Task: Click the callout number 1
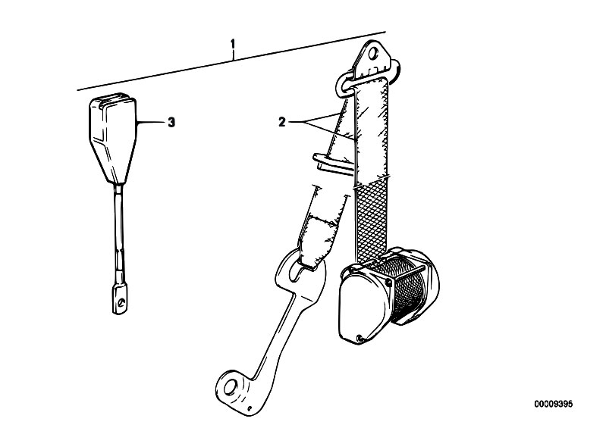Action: pos(233,44)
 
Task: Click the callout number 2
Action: pos(281,123)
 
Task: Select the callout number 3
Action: pos(171,123)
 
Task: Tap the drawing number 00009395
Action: pos(554,404)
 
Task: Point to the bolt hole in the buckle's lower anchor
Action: pos(122,302)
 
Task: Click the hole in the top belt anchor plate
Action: pos(373,54)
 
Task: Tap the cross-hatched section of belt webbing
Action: pos(372,219)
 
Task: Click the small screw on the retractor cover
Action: pos(360,338)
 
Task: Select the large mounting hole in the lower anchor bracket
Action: pos(231,386)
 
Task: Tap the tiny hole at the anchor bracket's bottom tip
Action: pos(250,409)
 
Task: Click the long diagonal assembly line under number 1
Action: pos(231,61)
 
